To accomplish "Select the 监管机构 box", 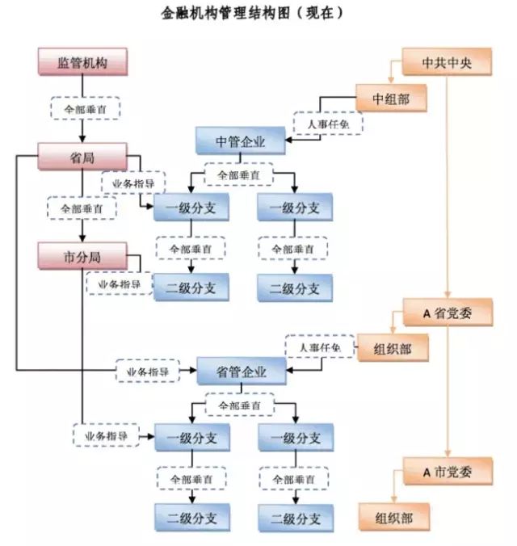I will [83, 63].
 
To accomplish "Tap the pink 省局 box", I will [83, 157].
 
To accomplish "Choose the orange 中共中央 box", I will [447, 63].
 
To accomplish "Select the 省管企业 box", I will [241, 372].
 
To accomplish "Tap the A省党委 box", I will [447, 312].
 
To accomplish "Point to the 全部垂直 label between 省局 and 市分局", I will [83, 208].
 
